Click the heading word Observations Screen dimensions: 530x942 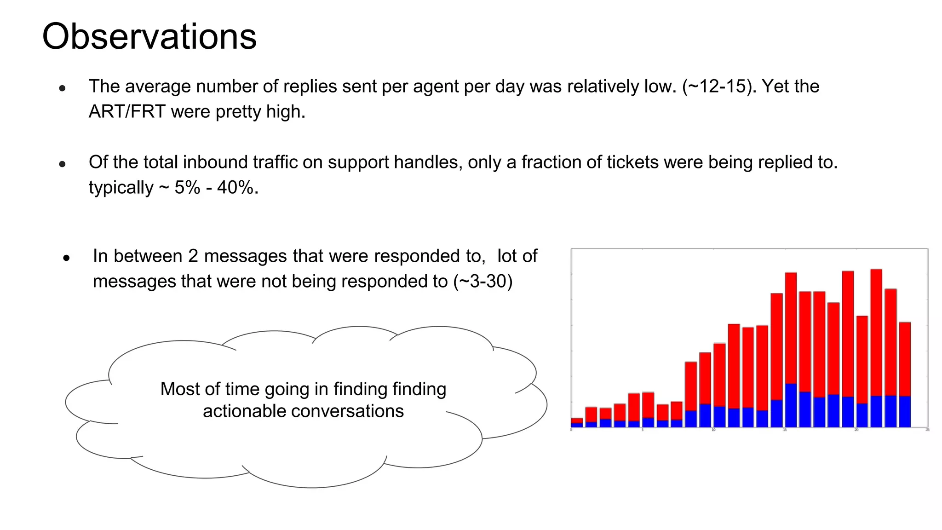click(x=149, y=37)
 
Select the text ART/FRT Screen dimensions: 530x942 click(x=126, y=112)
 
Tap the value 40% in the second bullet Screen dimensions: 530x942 click(x=235, y=188)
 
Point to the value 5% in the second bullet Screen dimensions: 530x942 click(x=187, y=188)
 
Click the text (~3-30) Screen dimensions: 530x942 click(x=482, y=282)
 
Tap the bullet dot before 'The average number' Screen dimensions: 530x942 click(x=63, y=88)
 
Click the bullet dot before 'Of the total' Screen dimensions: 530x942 click(x=63, y=164)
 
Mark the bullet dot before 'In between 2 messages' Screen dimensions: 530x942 click(x=67, y=258)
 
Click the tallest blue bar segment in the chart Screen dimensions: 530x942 click(x=791, y=405)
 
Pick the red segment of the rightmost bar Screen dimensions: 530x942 click(x=905, y=359)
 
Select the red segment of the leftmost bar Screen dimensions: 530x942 click(x=577, y=421)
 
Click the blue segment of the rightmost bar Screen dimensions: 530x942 click(x=905, y=412)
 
